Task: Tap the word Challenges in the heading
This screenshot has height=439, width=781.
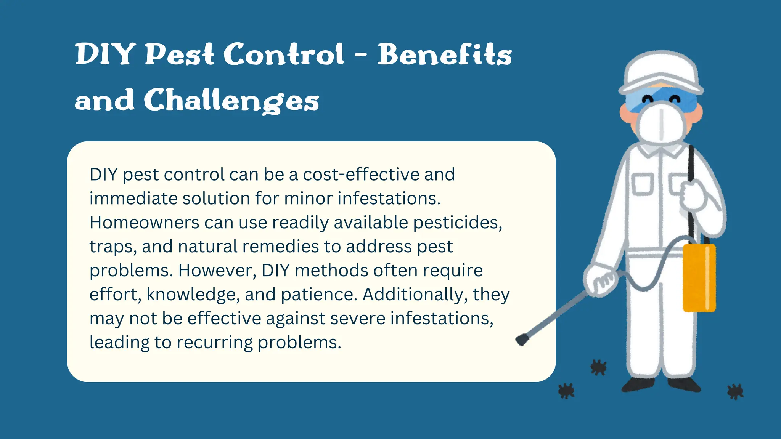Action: click(231, 101)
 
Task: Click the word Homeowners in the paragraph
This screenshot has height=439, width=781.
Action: click(144, 223)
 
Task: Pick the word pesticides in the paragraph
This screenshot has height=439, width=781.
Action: click(458, 223)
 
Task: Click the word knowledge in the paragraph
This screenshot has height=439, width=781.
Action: click(193, 295)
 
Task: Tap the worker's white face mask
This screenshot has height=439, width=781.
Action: click(661, 124)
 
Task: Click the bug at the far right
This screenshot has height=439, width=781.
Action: click(735, 391)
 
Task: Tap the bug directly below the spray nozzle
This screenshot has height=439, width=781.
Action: click(566, 391)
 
